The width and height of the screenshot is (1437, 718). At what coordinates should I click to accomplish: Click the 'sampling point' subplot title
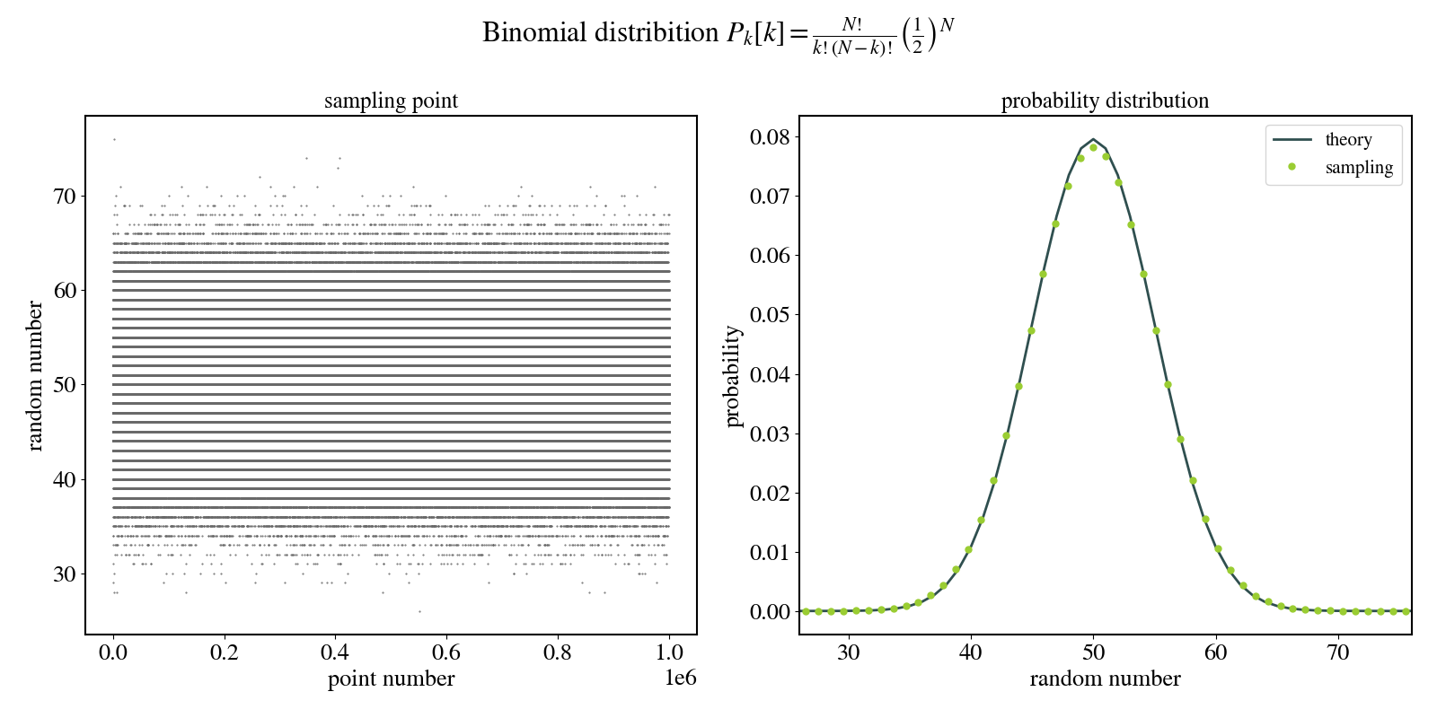[x=391, y=101]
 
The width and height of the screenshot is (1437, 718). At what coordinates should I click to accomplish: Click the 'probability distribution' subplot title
[x=1105, y=101]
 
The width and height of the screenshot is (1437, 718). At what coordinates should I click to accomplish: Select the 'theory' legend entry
[x=1347, y=139]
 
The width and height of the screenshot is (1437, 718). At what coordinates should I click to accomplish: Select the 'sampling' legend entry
[x=1358, y=167]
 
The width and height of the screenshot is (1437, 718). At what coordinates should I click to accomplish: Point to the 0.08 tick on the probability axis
[x=770, y=137]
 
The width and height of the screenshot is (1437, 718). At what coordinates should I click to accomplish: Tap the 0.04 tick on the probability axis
[x=770, y=374]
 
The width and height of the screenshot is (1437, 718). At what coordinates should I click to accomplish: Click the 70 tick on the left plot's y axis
[x=65, y=196]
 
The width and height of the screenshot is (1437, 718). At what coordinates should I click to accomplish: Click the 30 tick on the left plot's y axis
[x=65, y=574]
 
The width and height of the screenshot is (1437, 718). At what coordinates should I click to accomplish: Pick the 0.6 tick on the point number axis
[x=446, y=652]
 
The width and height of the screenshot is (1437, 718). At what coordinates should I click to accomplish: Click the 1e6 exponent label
[x=680, y=678]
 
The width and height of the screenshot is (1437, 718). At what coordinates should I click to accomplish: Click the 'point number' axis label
[x=391, y=679]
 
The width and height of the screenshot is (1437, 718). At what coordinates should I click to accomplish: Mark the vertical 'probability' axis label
[x=733, y=376]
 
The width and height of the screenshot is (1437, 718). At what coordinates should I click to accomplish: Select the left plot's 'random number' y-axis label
[x=35, y=375]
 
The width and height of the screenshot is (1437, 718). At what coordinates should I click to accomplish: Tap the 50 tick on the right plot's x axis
[x=1093, y=652]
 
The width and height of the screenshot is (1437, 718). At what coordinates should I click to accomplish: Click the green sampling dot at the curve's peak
[x=1093, y=147]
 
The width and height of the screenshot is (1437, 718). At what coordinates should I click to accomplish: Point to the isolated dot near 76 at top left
[x=114, y=139]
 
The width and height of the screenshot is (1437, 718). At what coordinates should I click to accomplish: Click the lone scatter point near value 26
[x=419, y=611]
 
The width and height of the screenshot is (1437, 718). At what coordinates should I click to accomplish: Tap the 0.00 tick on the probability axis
[x=770, y=612]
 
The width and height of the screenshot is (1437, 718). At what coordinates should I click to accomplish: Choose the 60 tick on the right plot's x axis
[x=1215, y=652]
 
